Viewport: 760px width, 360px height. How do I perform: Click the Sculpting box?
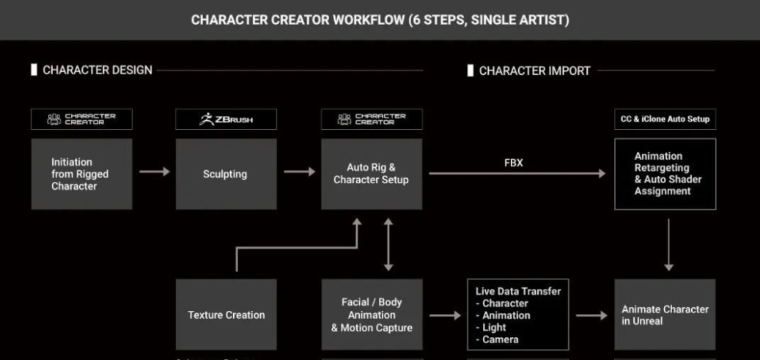[226, 175]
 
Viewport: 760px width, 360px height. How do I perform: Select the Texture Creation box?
[226, 315]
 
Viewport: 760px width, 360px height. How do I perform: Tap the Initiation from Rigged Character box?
[81, 175]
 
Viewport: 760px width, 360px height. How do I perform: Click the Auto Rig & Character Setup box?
[372, 175]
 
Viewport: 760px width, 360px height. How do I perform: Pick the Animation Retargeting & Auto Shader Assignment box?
[665, 175]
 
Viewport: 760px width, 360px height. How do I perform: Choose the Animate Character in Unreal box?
[665, 315]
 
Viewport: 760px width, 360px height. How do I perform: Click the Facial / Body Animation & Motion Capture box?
[372, 315]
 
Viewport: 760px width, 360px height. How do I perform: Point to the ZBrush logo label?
[226, 120]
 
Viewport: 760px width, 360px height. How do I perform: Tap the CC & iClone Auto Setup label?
[665, 120]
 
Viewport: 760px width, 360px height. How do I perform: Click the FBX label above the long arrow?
[514, 163]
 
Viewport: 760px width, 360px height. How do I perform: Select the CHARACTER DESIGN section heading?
[97, 70]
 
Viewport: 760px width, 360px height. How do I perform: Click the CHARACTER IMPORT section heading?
[534, 71]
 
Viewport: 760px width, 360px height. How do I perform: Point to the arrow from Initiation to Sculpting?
[155, 172]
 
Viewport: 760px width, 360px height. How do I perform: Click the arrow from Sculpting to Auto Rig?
[300, 172]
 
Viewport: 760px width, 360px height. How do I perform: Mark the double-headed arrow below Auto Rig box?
[388, 245]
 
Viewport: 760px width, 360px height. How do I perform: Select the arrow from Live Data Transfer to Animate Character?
[591, 315]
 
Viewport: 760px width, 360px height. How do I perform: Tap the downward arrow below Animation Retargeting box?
[669, 245]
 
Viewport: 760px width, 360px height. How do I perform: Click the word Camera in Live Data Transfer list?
[501, 339]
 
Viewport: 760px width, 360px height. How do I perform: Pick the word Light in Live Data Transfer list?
[495, 328]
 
